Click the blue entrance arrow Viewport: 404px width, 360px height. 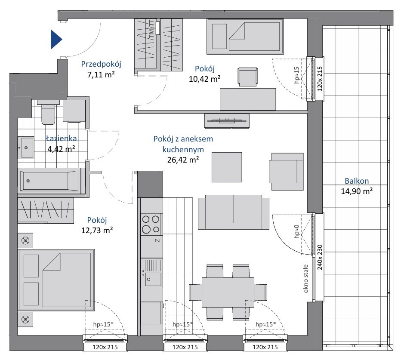pyautogui.click(x=56, y=40)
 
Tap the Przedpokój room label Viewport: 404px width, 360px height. pyautogui.click(x=101, y=64)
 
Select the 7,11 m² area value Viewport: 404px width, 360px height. pyautogui.click(x=101, y=75)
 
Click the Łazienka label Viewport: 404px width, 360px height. pyautogui.click(x=62, y=138)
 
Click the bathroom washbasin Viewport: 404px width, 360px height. pyautogui.click(x=25, y=148)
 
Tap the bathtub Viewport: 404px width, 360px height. pyautogui.click(x=49, y=181)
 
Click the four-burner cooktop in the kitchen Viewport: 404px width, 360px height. pyautogui.click(x=151, y=224)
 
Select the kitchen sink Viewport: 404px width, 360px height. pyautogui.click(x=151, y=273)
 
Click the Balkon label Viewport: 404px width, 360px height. pyautogui.click(x=357, y=181)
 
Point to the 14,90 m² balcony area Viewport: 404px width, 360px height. pyautogui.click(x=357, y=191)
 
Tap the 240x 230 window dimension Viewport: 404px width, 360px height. pyautogui.click(x=320, y=257)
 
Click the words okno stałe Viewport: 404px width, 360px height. pyautogui.click(x=306, y=279)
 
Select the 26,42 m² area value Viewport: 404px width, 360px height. pyautogui.click(x=183, y=160)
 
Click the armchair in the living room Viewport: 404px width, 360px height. pyautogui.click(x=286, y=172)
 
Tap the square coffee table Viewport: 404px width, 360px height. pyautogui.click(x=227, y=167)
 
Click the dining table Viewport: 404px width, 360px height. pyautogui.click(x=228, y=292)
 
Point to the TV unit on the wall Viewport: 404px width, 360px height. pyautogui.click(x=227, y=121)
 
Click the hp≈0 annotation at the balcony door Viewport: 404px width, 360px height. pyautogui.click(x=296, y=231)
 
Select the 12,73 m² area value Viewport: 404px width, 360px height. pyautogui.click(x=97, y=230)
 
